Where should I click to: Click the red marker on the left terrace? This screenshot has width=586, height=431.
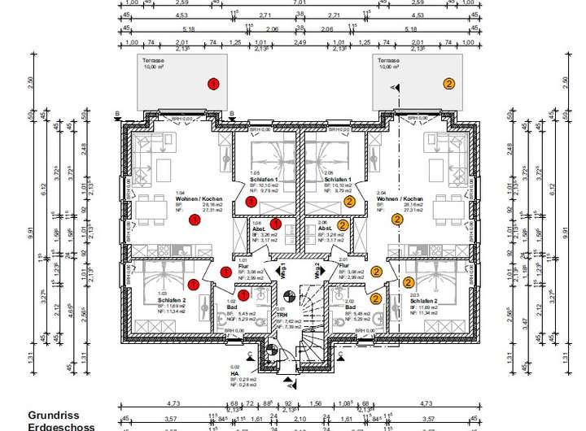pyautogui.click(x=213, y=84)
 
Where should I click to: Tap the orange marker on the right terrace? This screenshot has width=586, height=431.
pyautogui.click(x=448, y=83)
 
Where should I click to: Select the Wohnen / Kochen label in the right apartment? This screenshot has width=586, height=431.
pyautogui.click(x=400, y=199)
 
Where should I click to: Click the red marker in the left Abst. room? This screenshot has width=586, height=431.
pyautogui.click(x=276, y=224)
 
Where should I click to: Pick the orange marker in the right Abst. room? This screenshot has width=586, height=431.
pyautogui.click(x=343, y=225)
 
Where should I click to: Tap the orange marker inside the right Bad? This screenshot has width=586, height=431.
pyautogui.click(x=376, y=298)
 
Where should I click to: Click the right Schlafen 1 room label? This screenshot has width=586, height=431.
pyautogui.click(x=338, y=179)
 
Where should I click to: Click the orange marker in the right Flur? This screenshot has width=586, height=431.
pyautogui.click(x=376, y=272)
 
